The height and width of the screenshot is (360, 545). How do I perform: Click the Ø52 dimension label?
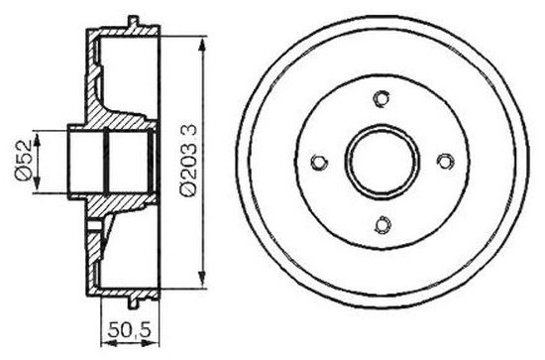point(24,161)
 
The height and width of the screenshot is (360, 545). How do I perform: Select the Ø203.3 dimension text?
point(188,161)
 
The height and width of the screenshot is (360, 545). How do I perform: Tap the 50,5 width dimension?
point(129,330)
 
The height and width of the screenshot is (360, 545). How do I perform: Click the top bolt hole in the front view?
point(381,98)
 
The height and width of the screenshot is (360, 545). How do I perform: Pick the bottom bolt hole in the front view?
point(382,224)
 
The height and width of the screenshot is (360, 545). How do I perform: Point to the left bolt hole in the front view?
point(319,162)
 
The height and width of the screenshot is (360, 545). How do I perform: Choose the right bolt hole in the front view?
point(445,161)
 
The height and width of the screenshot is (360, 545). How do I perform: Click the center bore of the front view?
point(381,162)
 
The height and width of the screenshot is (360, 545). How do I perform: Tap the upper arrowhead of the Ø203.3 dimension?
point(201,45)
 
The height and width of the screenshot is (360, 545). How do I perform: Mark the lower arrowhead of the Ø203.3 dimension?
point(201,280)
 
